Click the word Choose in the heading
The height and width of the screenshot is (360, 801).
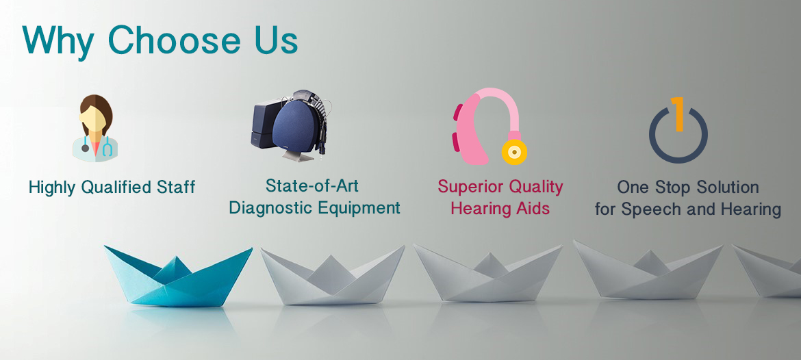174,40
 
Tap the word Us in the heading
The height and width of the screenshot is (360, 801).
277,40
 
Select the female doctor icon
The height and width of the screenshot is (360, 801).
95,128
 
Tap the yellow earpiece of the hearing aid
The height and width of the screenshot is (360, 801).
514,152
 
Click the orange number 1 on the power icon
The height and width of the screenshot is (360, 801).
678,114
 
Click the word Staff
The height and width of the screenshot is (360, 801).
177,187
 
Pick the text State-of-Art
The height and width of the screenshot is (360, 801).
312,185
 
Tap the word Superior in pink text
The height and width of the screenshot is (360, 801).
468,187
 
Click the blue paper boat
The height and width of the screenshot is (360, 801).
178,276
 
